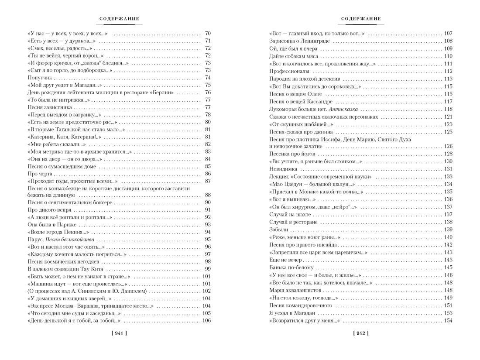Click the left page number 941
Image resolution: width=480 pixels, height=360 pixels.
click(119, 334)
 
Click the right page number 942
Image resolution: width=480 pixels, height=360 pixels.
click(360, 334)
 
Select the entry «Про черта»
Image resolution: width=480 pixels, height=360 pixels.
click(41, 174)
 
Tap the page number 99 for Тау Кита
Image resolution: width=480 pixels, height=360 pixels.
click(208, 269)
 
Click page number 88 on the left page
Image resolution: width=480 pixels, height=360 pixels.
click(208, 195)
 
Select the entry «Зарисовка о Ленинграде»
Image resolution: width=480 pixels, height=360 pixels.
click(300, 41)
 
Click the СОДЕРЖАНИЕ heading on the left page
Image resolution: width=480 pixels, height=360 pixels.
click(119, 19)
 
